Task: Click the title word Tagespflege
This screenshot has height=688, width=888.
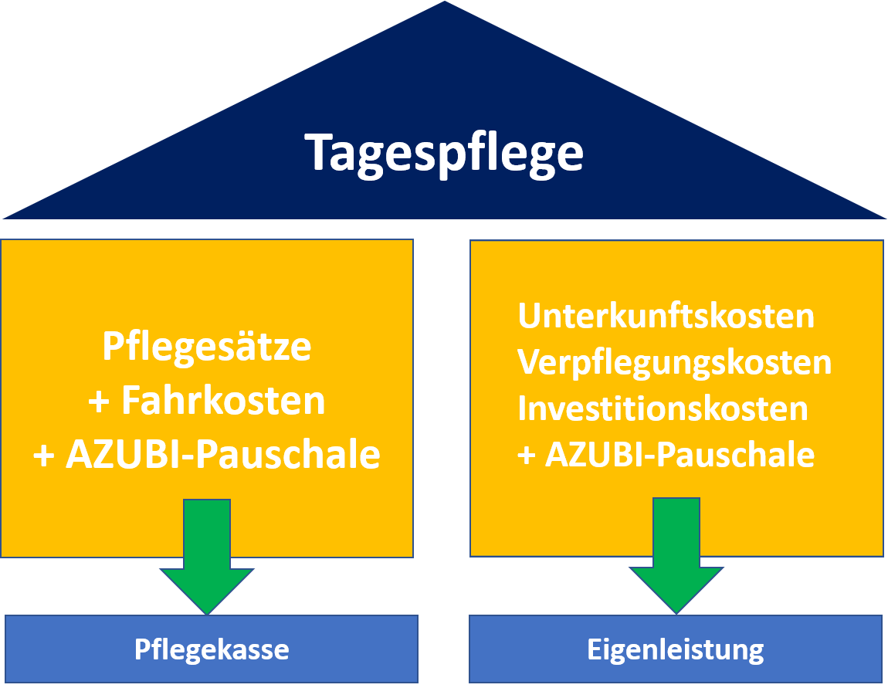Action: click(x=444, y=152)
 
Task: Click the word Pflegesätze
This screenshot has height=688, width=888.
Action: click(x=207, y=347)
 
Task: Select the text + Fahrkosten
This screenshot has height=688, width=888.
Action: click(x=207, y=401)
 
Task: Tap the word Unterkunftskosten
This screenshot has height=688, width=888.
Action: click(x=666, y=316)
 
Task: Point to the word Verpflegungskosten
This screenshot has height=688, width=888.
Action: click(x=674, y=362)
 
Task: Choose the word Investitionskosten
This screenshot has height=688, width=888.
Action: click(x=663, y=408)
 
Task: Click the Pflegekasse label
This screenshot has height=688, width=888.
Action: click(x=212, y=649)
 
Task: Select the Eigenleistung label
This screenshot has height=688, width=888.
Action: click(x=676, y=649)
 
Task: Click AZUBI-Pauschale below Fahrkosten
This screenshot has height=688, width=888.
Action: click(x=222, y=455)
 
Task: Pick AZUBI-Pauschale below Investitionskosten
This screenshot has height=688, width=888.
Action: click(x=680, y=455)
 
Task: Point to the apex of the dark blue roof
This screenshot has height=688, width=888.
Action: click(x=445, y=5)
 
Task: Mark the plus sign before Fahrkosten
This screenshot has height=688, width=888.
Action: click(x=100, y=402)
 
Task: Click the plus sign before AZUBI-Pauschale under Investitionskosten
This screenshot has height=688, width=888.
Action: click(x=527, y=456)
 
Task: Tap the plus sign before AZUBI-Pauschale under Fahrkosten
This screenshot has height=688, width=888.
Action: click(x=44, y=456)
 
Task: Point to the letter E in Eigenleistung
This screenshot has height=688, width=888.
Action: click(x=593, y=649)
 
